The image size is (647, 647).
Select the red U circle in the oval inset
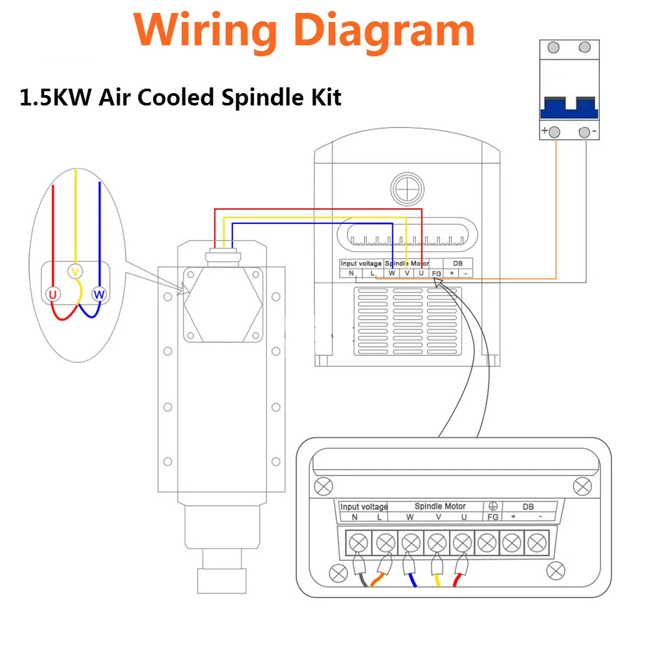point(53,295)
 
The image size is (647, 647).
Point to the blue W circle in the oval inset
point(98,295)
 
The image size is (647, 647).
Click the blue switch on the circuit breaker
point(569,107)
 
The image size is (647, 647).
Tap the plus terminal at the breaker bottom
point(554,133)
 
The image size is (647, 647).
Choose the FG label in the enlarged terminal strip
point(493,517)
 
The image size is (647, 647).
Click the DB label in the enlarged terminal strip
point(528,507)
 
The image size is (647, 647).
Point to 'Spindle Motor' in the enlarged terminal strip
point(440,506)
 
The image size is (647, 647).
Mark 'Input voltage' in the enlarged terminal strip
point(364,507)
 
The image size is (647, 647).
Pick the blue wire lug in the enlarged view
point(409,567)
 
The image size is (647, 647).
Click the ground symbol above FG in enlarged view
point(492,506)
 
